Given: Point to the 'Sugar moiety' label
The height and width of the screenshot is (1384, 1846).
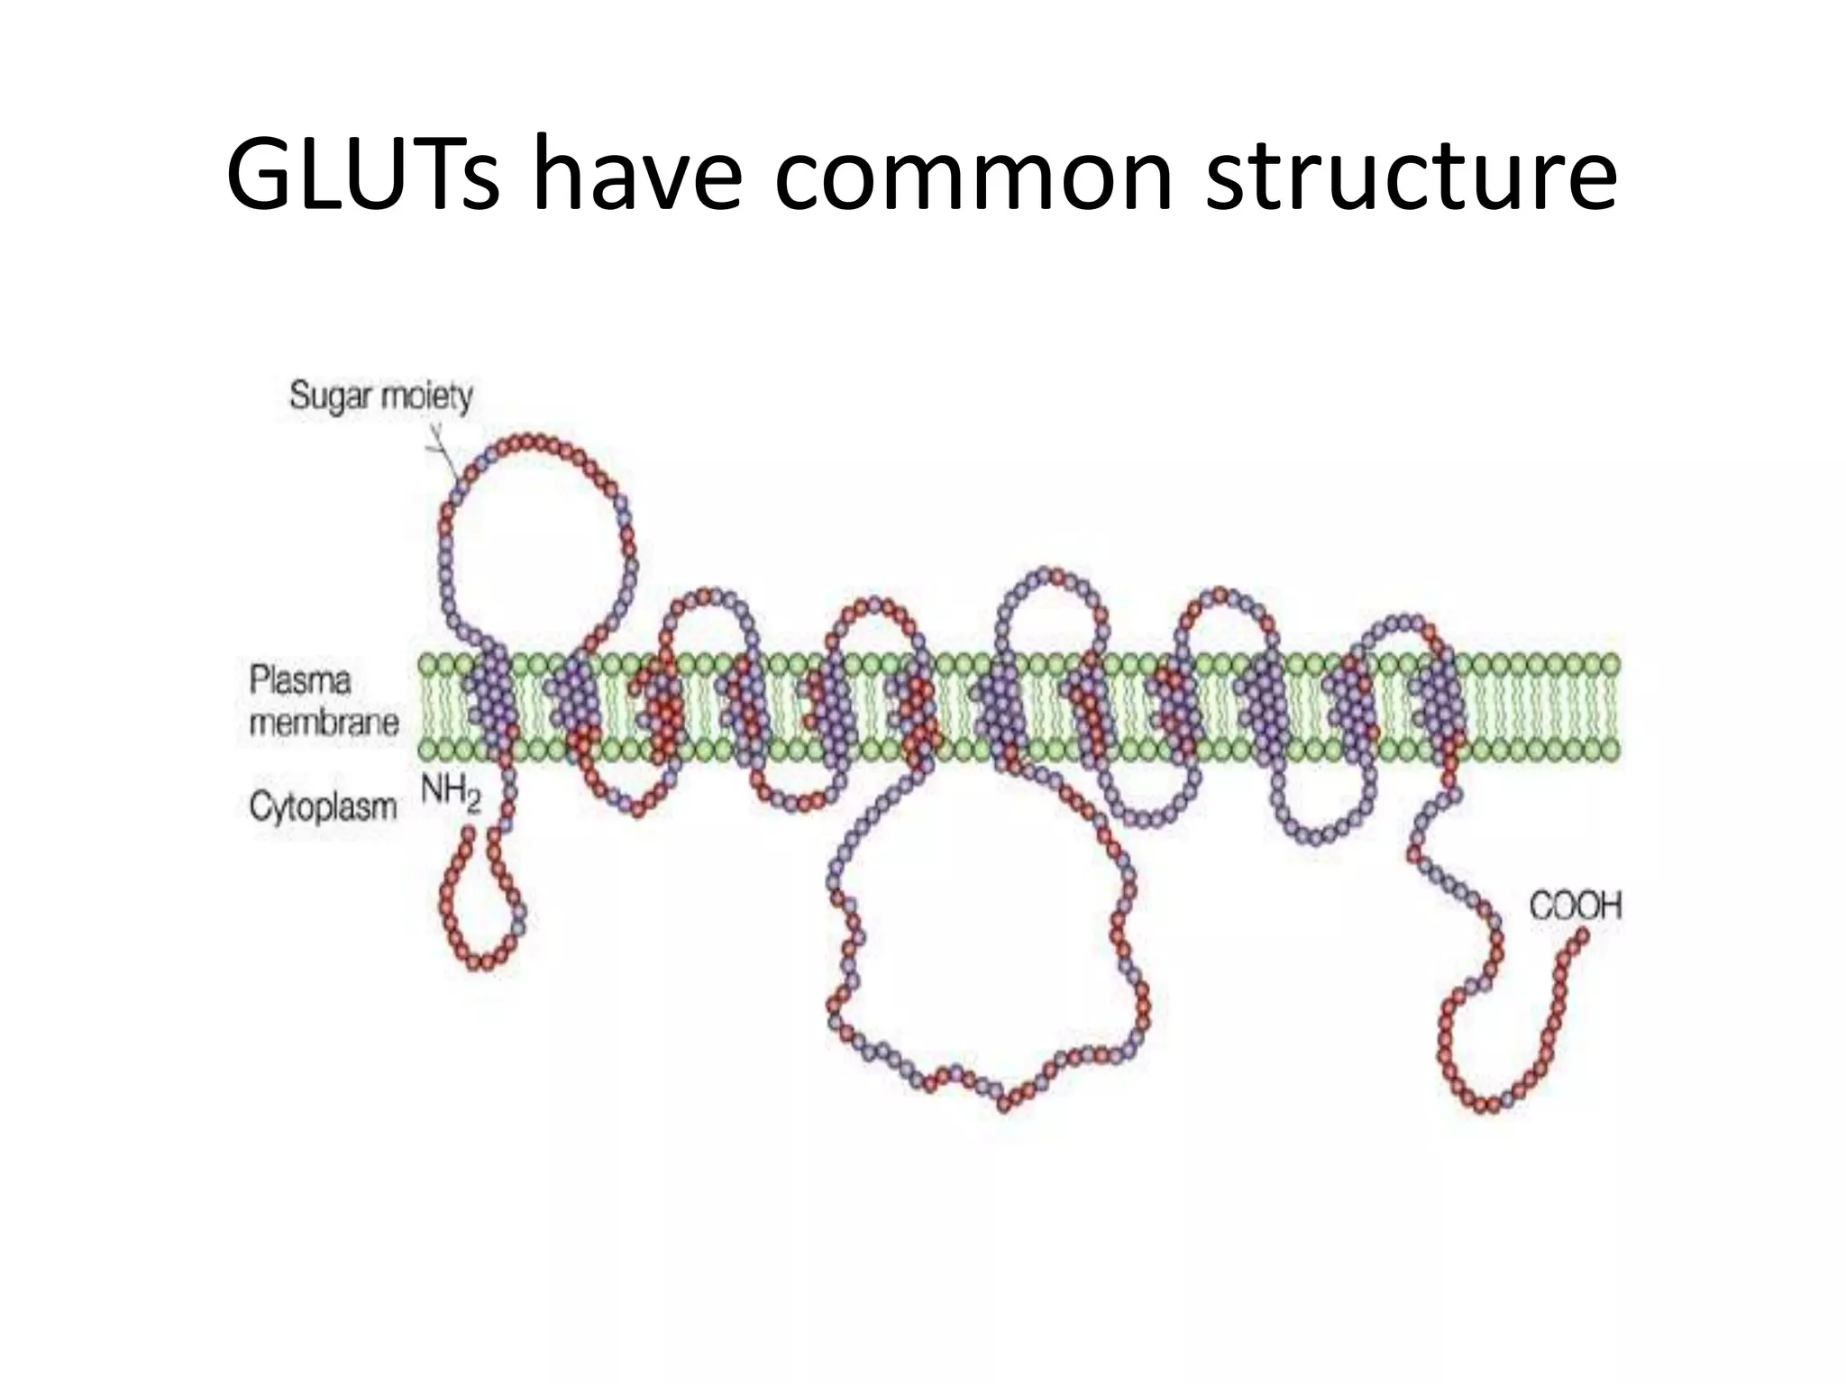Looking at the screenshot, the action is tap(380, 396).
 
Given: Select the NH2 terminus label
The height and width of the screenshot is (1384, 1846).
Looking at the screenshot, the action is tap(451, 792).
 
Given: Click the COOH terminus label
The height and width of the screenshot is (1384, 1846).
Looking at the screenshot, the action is tap(1575, 906).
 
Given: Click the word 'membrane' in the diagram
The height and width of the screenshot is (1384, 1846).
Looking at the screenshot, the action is tap(323, 723).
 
